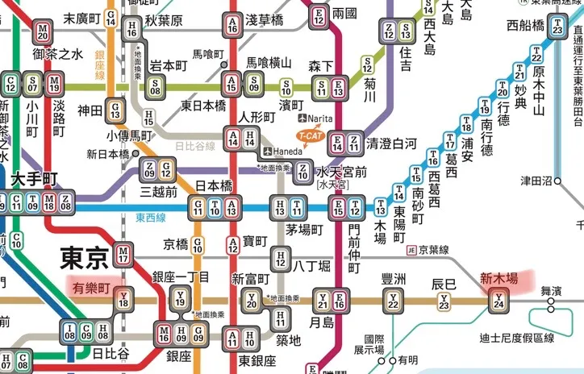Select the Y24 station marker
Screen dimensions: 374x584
point(500,302)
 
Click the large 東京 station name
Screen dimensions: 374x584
point(83,259)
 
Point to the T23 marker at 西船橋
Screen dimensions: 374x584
point(557,26)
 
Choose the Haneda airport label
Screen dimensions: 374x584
point(283,152)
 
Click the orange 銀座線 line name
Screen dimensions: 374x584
point(100,64)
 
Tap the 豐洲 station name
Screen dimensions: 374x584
point(394,280)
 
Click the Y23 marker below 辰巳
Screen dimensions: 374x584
point(444,302)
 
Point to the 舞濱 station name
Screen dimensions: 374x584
point(552,290)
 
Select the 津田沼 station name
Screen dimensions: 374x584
point(535,181)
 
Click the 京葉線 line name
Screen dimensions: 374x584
point(435,251)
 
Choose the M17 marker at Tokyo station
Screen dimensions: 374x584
point(123,255)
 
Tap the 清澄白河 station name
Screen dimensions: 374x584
point(391,144)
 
